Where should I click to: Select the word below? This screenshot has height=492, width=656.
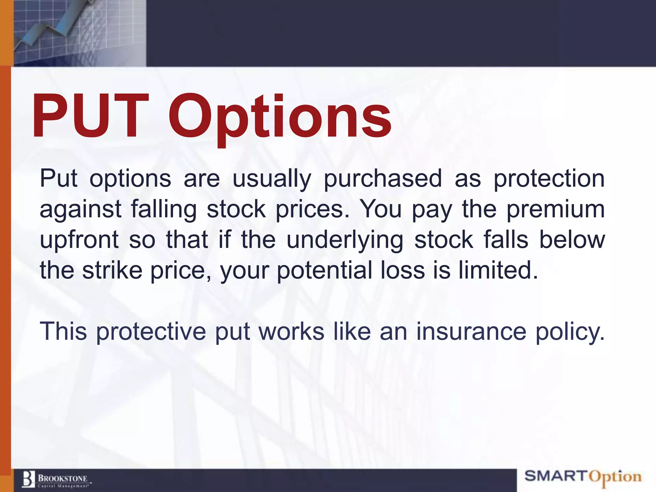click(572, 240)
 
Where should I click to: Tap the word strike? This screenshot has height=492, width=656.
click(112, 270)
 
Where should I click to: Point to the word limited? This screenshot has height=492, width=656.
click(498, 270)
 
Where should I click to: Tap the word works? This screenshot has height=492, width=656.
click(291, 332)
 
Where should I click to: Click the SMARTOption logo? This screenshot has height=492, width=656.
click(583, 477)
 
